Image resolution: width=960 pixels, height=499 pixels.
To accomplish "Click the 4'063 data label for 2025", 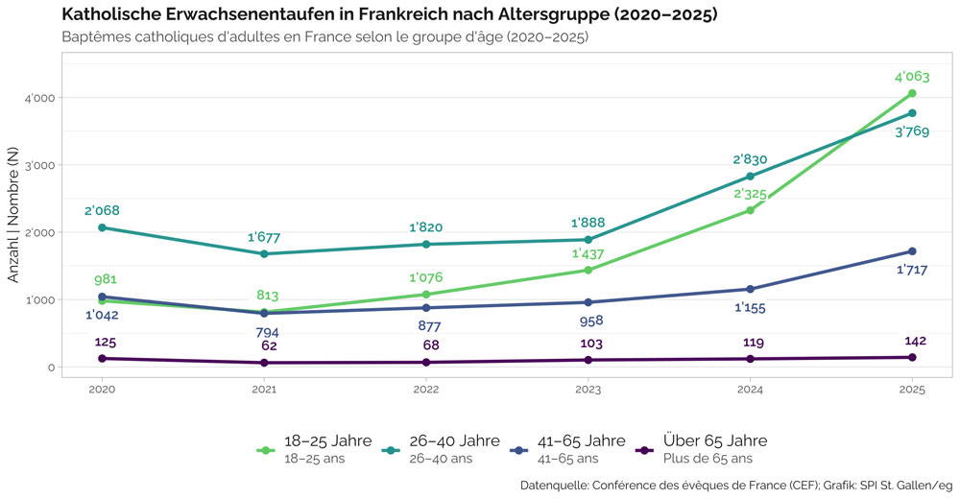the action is pyautogui.click(x=912, y=77).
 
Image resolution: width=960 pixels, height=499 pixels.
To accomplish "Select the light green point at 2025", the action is pyautogui.click(x=912, y=93).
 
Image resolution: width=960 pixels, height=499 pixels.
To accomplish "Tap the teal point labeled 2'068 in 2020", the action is pyautogui.click(x=103, y=227).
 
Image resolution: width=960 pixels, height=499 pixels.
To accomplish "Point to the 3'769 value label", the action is pyautogui.click(x=912, y=131).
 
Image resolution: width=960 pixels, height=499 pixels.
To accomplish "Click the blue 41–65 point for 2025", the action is pyautogui.click(x=912, y=251).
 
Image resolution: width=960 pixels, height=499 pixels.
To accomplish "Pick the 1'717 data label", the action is pyautogui.click(x=912, y=270).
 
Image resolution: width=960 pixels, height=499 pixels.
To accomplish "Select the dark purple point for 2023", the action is pyautogui.click(x=588, y=360).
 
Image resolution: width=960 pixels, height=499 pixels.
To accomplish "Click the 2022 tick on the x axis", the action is pyautogui.click(x=426, y=390).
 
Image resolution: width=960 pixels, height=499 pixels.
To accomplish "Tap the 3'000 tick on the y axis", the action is pyautogui.click(x=39, y=165).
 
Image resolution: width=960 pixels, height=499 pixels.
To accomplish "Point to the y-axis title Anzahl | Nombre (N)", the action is pyautogui.click(x=12, y=215).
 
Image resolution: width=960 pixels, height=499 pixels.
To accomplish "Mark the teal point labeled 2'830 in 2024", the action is pyautogui.click(x=750, y=177).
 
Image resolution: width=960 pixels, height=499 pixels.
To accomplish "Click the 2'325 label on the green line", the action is pyautogui.click(x=750, y=194).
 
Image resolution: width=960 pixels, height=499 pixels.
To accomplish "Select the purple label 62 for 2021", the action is pyautogui.click(x=269, y=345).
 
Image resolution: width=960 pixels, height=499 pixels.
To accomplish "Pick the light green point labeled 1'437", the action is pyautogui.click(x=588, y=270).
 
